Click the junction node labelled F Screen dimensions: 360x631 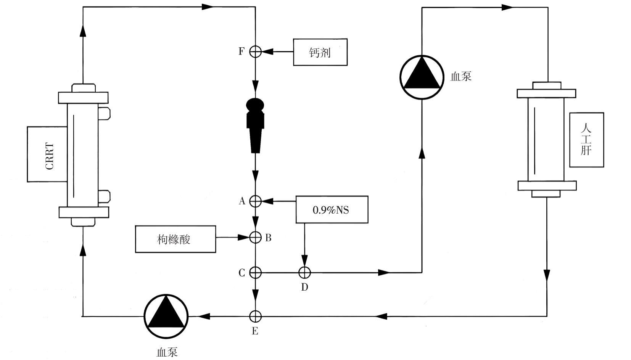(255, 51)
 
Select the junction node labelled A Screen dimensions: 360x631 (255, 201)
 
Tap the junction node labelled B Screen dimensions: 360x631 (255, 237)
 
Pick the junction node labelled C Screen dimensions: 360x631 (255, 272)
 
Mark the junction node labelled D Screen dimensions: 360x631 (304, 272)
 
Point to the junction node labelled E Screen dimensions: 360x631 (255, 316)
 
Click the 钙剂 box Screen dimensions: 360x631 (320, 52)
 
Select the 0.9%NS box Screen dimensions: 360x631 (332, 209)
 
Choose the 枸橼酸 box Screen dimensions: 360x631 (175, 239)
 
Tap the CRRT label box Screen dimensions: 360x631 (47, 154)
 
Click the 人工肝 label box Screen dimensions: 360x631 (586, 140)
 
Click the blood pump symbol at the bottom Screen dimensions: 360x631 (166, 316)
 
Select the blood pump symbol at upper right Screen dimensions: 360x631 (422, 77)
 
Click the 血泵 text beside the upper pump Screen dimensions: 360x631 (461, 76)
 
